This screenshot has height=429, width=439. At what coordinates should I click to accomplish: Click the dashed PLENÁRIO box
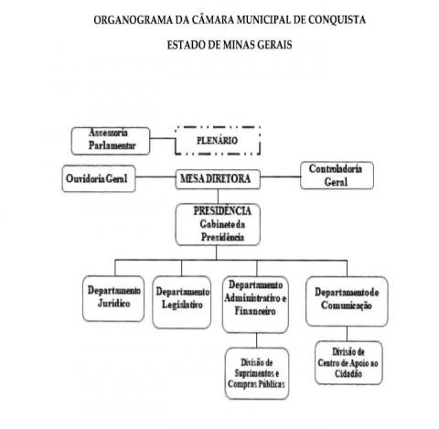(218, 141)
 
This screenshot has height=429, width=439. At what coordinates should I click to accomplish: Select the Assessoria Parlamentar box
(111, 141)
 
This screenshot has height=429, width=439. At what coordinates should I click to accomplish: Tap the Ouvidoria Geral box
(99, 178)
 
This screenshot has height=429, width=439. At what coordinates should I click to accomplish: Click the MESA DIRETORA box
(218, 179)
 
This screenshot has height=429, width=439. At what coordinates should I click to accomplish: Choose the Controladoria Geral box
(337, 176)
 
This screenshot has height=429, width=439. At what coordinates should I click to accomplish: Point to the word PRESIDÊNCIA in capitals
(222, 211)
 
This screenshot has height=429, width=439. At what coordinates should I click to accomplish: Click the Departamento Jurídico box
(113, 298)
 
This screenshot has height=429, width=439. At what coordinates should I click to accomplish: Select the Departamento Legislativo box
(182, 302)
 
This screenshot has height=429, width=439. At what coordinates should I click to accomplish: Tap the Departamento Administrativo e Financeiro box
(255, 305)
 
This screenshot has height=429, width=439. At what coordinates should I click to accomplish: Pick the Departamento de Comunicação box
(347, 301)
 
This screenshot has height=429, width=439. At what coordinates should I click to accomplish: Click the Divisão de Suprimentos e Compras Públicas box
(257, 373)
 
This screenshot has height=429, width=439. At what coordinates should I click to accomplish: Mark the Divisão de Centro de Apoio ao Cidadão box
(348, 362)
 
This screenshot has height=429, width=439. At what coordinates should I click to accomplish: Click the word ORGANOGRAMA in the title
(134, 20)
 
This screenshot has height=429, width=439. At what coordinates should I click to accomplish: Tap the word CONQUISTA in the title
(337, 20)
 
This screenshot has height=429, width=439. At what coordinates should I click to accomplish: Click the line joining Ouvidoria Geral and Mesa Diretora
(155, 177)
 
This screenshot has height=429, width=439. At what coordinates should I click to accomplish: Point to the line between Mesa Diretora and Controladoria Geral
(281, 177)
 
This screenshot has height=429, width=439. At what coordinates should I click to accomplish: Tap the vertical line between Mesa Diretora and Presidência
(218, 197)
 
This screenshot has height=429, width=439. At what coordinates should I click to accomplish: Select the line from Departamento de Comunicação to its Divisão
(347, 334)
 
